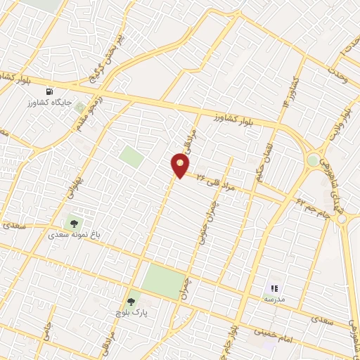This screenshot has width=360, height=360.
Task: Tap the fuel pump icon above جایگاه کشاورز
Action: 49,92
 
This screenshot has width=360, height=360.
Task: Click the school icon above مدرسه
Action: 275,288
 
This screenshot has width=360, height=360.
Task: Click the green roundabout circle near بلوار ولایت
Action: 312,161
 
